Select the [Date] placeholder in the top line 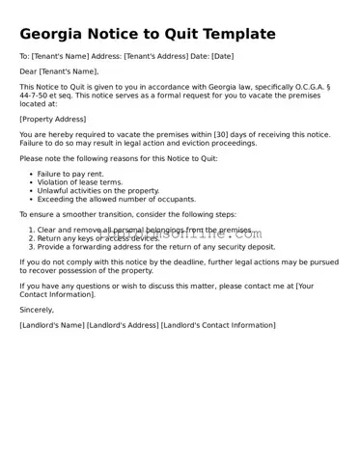(x=222, y=57)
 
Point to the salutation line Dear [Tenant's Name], (x=59, y=71)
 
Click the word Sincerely (x=37, y=310)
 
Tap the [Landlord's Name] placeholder (x=51, y=325)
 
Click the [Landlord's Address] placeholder (x=123, y=325)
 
